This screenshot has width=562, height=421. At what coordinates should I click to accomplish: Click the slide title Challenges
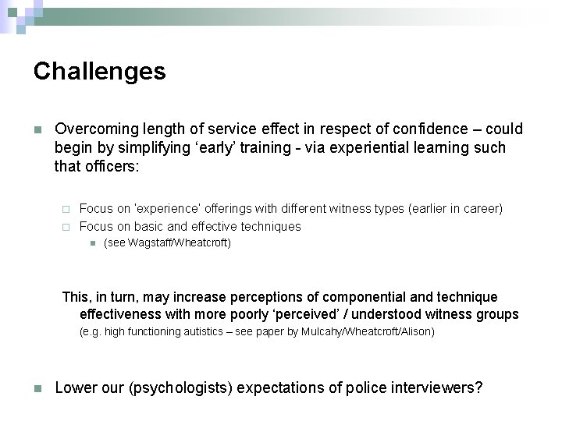point(99,72)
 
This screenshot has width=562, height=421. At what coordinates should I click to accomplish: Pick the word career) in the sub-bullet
point(482,208)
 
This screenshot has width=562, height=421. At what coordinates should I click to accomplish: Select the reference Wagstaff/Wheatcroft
point(178,243)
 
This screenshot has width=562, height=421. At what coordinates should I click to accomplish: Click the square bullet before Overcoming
point(37,129)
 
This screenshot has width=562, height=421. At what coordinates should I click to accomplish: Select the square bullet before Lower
point(37,388)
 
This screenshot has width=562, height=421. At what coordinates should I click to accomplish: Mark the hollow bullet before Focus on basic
point(66,227)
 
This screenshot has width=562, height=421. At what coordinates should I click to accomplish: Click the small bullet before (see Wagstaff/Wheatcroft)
point(91,243)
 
